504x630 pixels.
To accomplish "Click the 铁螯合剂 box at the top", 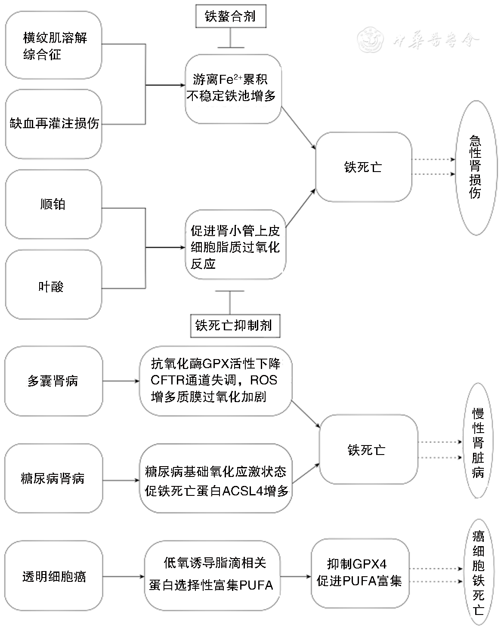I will pyautogui.click(x=230, y=17).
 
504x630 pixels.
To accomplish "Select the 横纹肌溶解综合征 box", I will pyautogui.click(x=53, y=46).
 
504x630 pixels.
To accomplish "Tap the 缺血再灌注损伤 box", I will pyautogui.click(x=53, y=124).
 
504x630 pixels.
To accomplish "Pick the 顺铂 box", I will pyautogui.click(x=53, y=204).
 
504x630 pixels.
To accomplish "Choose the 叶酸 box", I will pyautogui.click(x=53, y=286).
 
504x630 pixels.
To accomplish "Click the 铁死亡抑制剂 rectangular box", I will pyautogui.click(x=234, y=325).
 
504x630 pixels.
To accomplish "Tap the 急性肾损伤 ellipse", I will pyautogui.click(x=476, y=168).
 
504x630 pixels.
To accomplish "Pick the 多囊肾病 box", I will pyautogui.click(x=53, y=381).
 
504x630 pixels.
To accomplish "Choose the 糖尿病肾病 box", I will pyautogui.click(x=53, y=478).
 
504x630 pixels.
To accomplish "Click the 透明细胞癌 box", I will pyautogui.click(x=53, y=576).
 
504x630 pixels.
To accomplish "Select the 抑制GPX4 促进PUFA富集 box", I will pyautogui.click(x=359, y=572).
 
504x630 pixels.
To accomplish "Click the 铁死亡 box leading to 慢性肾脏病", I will pyautogui.click(x=368, y=450).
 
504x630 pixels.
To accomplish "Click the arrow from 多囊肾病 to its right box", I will pyautogui.click(x=121, y=381).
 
